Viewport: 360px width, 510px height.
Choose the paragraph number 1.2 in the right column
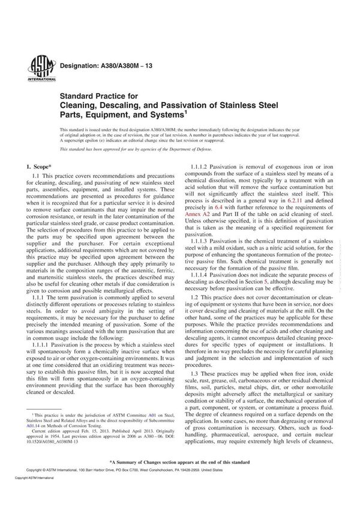point(195,298)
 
